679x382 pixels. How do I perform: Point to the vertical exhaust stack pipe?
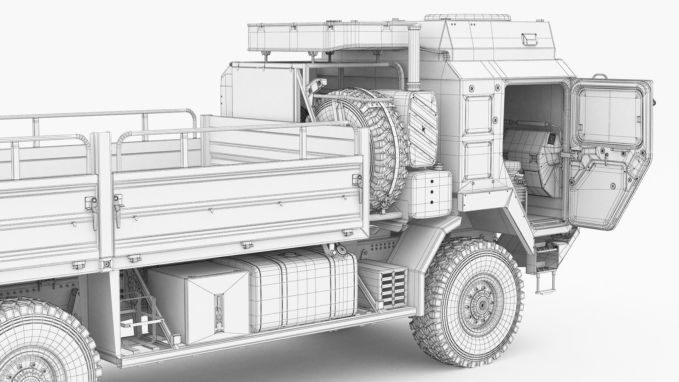413,60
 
